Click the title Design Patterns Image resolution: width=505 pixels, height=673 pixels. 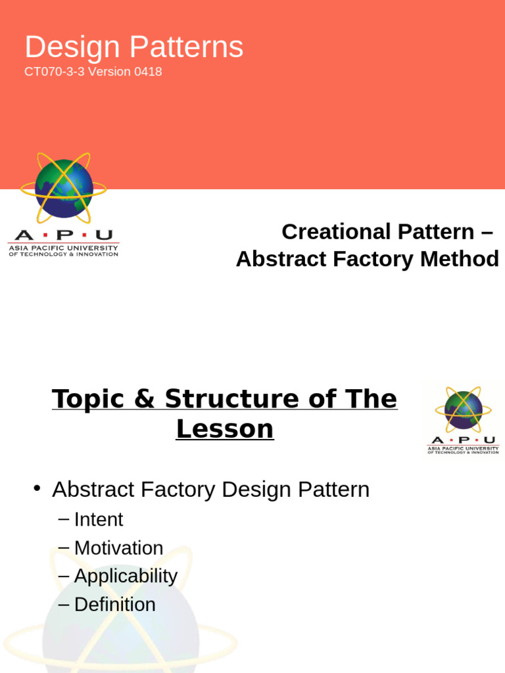pos(134,47)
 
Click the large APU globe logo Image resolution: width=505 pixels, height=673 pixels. pos(63,188)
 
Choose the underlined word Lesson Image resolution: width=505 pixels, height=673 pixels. pos(224,429)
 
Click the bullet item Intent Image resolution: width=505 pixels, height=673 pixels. pos(99,519)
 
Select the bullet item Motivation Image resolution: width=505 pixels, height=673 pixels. pos(118,547)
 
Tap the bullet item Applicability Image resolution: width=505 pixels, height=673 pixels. pos(126,576)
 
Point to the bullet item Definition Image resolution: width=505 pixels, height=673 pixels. pos(115,604)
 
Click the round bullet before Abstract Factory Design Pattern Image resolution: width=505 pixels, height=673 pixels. pos(37,488)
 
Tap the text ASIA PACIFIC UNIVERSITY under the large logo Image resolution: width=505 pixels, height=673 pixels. pos(63,248)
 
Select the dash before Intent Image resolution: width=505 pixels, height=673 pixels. pos(63,519)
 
